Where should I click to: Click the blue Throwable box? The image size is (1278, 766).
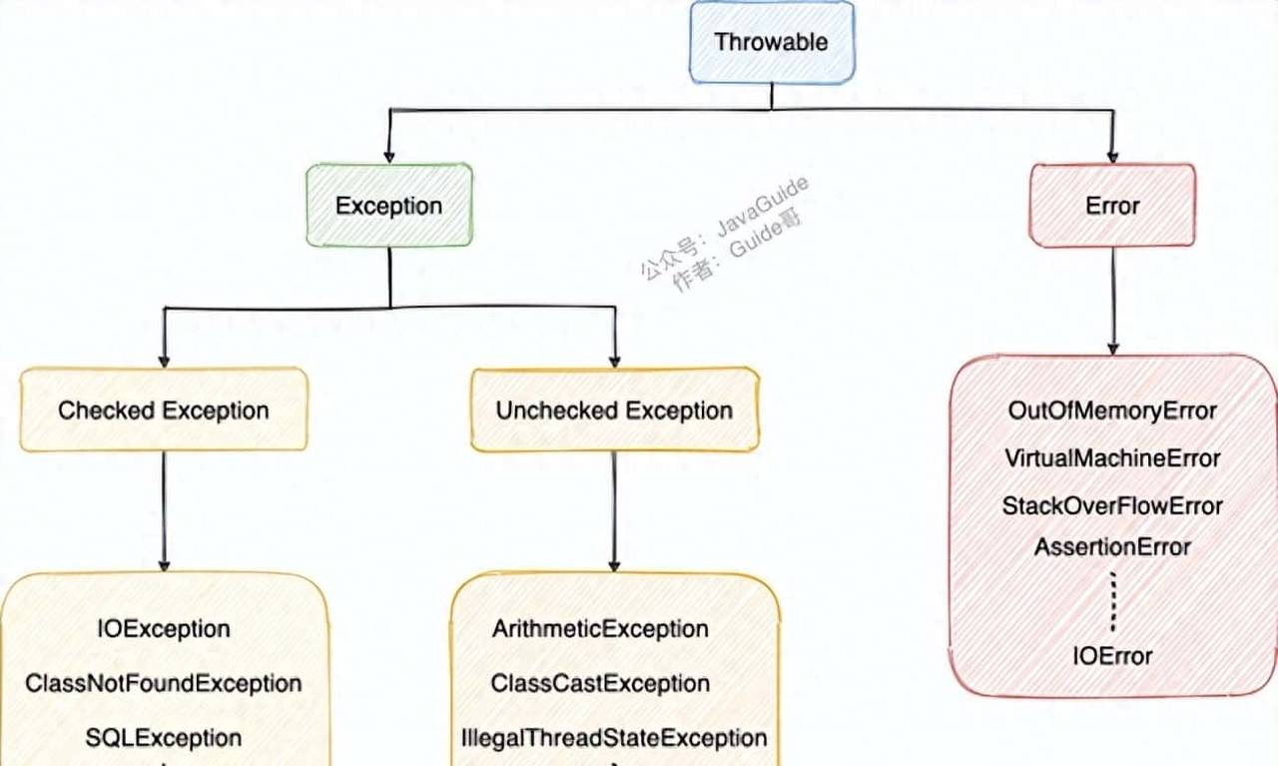point(772,42)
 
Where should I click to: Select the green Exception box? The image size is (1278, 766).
point(388,206)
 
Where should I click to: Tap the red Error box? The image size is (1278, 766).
point(1112,206)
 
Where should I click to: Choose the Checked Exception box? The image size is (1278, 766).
point(164,410)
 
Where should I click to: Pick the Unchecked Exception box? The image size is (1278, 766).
point(614,410)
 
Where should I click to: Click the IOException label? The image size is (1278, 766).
point(164,629)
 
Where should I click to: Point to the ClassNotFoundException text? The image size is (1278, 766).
point(164,684)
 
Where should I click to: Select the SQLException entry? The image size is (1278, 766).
point(164,738)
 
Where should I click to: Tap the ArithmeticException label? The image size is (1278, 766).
point(600,629)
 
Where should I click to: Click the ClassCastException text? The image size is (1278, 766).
point(600,684)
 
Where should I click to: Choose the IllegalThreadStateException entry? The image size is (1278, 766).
point(614,738)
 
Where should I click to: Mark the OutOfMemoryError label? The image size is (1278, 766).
point(1112,410)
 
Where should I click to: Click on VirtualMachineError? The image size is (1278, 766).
point(1112,458)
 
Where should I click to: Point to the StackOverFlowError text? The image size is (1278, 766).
point(1112,506)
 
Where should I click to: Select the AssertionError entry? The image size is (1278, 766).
point(1112,547)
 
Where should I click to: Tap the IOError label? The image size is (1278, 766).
point(1112,656)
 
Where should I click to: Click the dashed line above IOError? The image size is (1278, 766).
point(1112,599)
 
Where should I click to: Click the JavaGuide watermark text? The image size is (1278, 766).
point(764,206)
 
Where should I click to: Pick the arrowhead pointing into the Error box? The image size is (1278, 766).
point(1112,155)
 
